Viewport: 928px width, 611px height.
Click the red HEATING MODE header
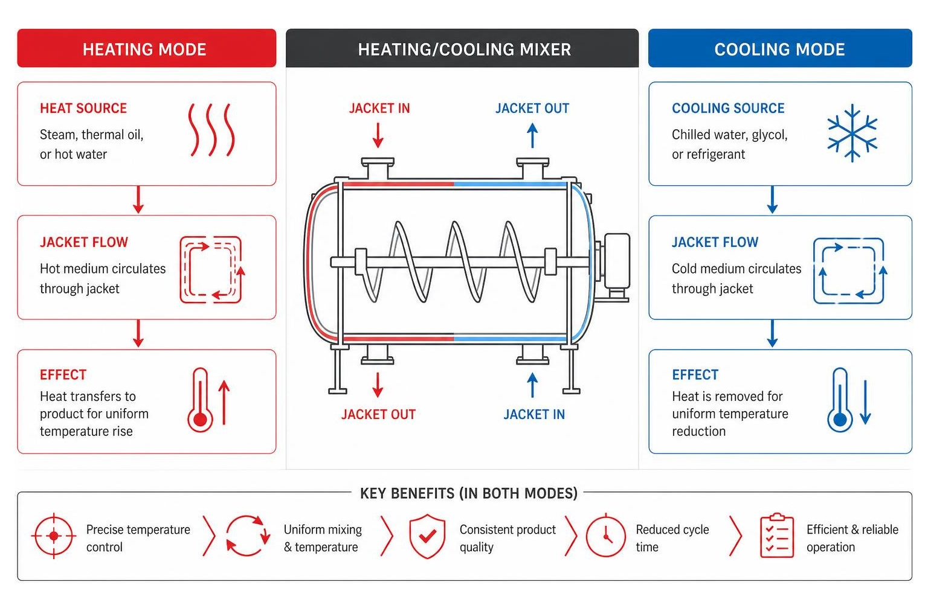point(147,48)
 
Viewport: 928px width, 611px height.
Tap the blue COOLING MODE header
point(780,48)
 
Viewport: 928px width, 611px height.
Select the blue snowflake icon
point(852,133)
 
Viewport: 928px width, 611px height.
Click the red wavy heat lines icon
point(211,130)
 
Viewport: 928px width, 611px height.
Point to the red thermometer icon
point(200,400)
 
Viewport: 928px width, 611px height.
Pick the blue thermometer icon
point(840,400)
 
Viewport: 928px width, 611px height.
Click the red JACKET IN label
point(379,109)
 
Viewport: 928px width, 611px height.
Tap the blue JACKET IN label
point(534,414)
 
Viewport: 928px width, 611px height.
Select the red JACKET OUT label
point(378,414)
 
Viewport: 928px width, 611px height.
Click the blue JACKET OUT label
point(532,109)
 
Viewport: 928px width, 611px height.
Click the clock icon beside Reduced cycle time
point(606,536)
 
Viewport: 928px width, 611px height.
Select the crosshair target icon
point(54,536)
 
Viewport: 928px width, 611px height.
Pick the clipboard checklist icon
point(777,536)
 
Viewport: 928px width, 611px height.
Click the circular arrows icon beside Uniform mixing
point(248,536)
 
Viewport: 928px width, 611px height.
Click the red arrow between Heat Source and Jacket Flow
point(138,199)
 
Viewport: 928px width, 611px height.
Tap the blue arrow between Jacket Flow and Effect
point(772,333)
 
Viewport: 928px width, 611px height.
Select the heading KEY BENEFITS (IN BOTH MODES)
point(469,493)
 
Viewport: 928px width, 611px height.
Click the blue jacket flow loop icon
point(849,271)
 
